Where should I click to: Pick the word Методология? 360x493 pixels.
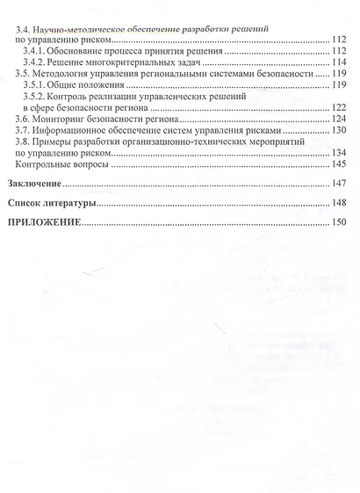(x=71, y=76)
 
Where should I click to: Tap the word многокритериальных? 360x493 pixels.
(x=154, y=64)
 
